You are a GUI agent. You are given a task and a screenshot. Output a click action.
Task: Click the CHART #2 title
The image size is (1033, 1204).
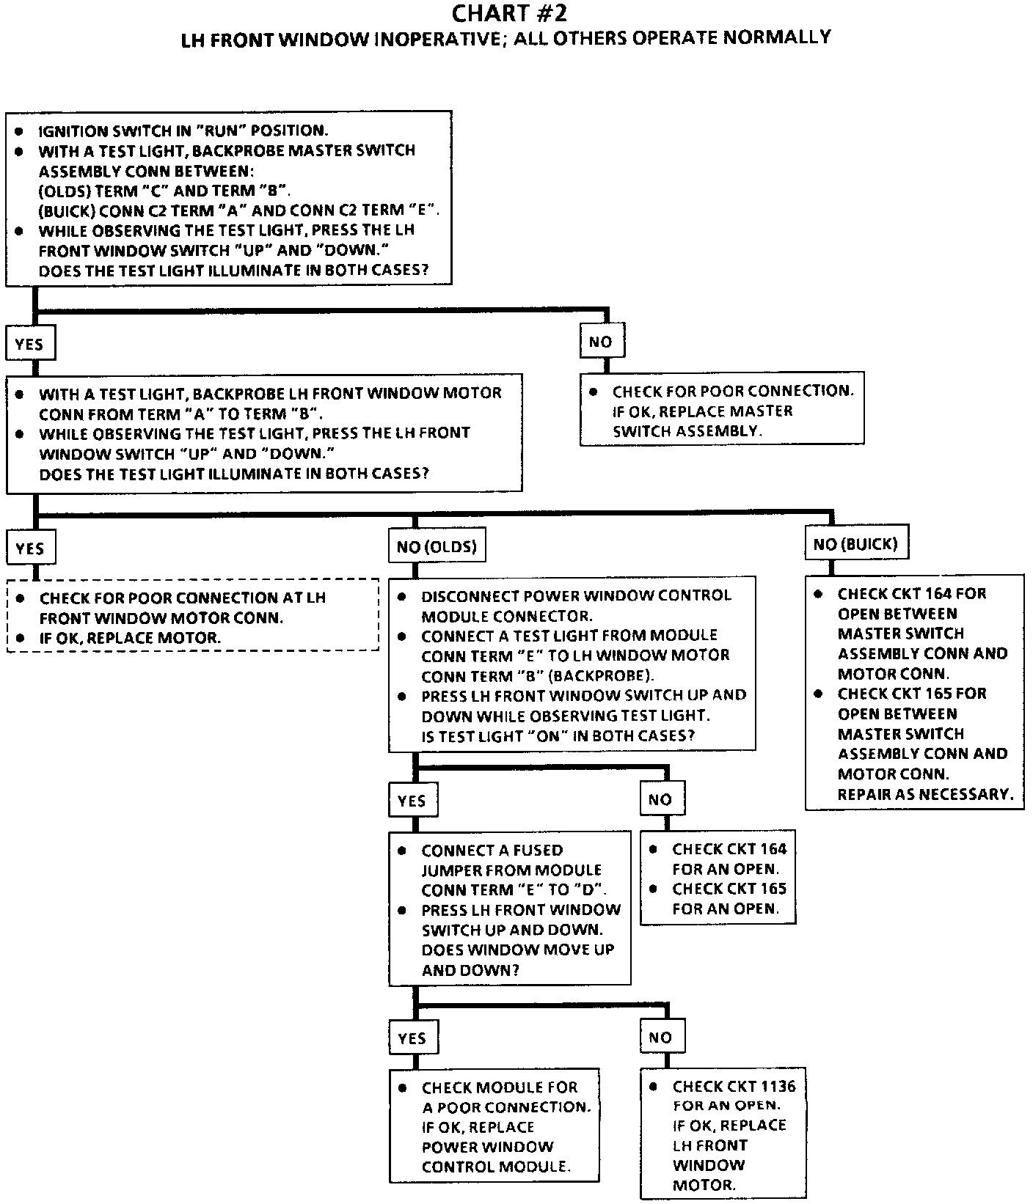coord(508,13)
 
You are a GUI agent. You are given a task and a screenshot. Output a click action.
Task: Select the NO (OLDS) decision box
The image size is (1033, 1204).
coord(437,546)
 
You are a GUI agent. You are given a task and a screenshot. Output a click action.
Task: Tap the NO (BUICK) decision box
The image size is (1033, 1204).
coord(855,544)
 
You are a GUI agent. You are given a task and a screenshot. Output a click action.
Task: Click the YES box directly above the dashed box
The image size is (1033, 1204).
coord(30,548)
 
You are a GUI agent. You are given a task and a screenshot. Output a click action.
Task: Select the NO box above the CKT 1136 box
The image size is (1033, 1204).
coord(660,1037)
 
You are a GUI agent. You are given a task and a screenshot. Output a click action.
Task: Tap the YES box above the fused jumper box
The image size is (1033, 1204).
coord(412,800)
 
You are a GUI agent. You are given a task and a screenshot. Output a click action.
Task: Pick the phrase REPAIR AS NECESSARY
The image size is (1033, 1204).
coord(925,794)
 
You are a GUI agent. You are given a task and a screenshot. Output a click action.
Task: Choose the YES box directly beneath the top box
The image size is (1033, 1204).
coord(29,344)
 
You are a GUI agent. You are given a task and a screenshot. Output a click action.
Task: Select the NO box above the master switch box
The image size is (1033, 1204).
coord(600,342)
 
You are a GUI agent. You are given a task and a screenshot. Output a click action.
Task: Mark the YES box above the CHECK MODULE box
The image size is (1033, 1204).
coord(412,1038)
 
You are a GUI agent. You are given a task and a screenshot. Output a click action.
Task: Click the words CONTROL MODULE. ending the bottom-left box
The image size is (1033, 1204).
coord(496,1167)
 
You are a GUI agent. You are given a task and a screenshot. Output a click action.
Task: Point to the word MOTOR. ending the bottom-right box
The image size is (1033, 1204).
coord(704,1185)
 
